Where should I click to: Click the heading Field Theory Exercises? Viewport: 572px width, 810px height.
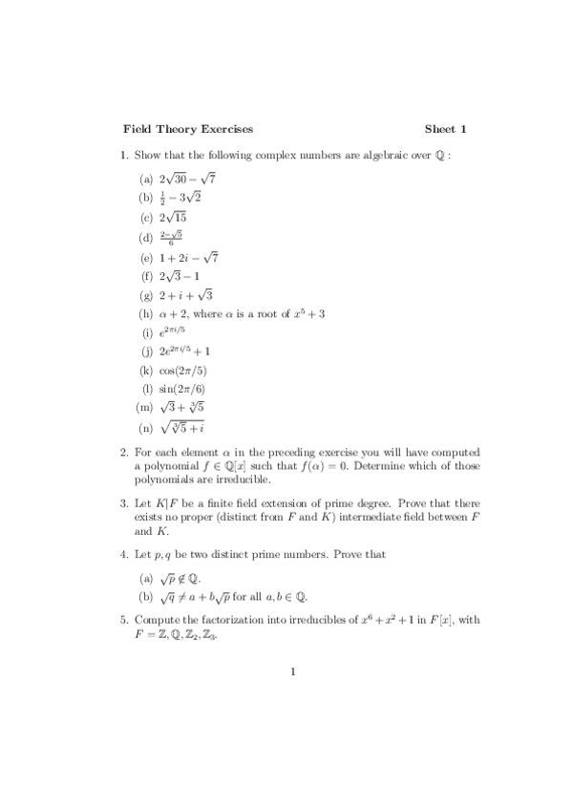188,129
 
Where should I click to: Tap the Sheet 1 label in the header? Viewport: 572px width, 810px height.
445,129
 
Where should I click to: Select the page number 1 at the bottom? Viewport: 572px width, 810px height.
294,671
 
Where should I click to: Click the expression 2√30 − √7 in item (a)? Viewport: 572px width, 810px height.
188,179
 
